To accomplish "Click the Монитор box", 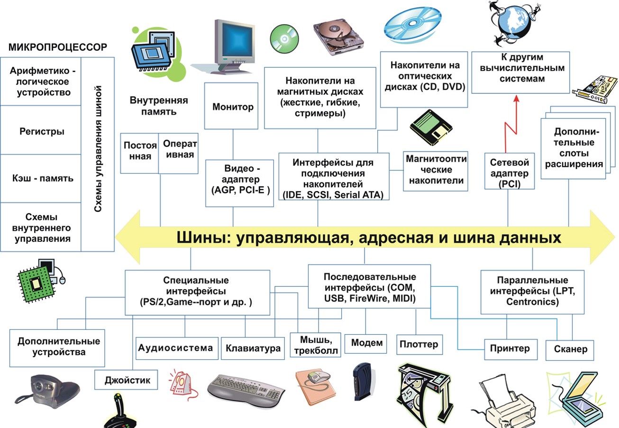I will point(231,106).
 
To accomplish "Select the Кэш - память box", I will point(42,178).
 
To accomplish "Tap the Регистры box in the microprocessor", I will point(42,131).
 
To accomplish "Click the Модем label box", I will point(366,342).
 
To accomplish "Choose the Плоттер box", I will point(419,344).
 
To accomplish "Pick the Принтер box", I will point(510,349).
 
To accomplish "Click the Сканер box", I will point(570,349).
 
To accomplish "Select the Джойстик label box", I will point(127,380).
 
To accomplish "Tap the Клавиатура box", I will point(253,349).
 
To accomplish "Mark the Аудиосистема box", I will point(176,348).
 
